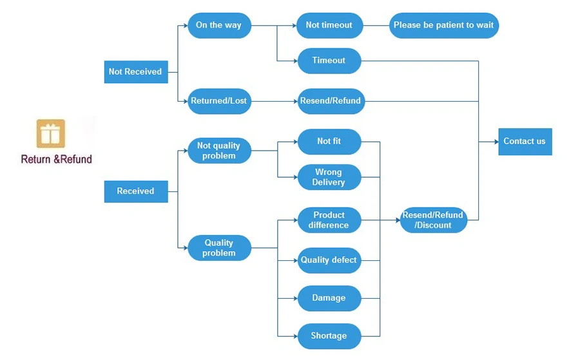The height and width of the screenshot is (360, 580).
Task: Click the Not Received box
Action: tap(136, 71)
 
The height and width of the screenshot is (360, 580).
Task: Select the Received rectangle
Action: tap(136, 191)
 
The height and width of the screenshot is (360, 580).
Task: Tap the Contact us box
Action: tap(525, 142)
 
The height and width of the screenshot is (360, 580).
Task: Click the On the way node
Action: tap(219, 26)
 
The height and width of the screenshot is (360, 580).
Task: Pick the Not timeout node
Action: tap(329, 26)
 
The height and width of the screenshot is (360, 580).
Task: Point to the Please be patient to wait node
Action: tap(444, 26)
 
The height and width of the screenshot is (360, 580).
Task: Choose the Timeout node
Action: tap(329, 61)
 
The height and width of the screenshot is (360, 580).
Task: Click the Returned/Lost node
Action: tap(219, 101)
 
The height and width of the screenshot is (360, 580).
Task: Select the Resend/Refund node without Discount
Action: tap(331, 101)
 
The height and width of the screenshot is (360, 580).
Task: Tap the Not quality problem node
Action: tap(219, 151)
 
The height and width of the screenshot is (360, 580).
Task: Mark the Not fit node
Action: tap(329, 142)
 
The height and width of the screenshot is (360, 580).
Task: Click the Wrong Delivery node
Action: tap(329, 177)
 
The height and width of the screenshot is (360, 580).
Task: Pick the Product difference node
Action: tap(329, 220)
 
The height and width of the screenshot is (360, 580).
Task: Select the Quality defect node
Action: tap(329, 260)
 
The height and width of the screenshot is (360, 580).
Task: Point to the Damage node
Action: tap(329, 298)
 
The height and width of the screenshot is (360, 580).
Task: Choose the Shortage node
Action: tap(329, 336)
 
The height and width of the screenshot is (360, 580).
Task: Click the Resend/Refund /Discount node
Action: tap(434, 220)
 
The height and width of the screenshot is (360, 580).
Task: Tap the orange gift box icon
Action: tap(51, 133)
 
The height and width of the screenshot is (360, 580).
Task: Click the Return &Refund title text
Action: tap(56, 159)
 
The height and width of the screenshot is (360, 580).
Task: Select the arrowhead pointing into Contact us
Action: tap(496, 142)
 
